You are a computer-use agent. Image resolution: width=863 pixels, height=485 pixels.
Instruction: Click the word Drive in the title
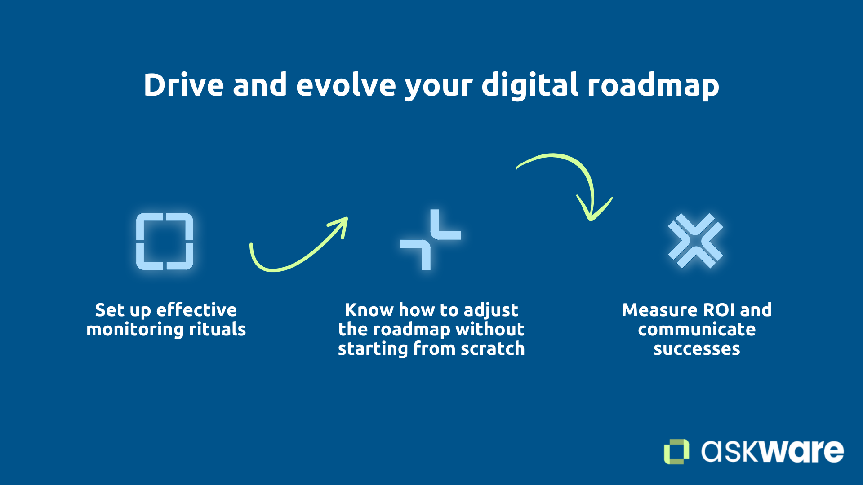[x=183, y=85]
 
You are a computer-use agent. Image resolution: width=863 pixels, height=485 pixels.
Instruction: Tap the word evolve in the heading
[x=345, y=85]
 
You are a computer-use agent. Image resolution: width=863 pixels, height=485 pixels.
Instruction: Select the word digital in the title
[x=530, y=85]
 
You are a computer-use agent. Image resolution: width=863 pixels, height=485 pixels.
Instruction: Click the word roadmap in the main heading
[x=653, y=85]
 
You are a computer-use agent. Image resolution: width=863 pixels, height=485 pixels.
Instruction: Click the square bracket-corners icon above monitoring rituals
[x=165, y=242]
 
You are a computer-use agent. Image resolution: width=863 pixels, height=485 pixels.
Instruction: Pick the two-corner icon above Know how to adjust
[x=430, y=239]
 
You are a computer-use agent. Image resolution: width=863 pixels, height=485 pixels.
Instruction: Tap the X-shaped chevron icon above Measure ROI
[x=695, y=241]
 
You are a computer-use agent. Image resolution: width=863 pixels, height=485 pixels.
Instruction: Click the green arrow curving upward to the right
[x=297, y=251]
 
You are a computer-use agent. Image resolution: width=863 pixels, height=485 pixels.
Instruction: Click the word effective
[x=196, y=310]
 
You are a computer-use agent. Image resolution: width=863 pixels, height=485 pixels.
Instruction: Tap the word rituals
[x=217, y=329]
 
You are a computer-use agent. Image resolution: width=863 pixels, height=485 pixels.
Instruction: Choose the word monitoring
[x=135, y=329]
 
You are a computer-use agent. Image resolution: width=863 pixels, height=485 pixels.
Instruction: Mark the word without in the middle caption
[x=489, y=329]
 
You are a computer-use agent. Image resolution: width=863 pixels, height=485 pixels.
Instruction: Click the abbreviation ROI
[x=719, y=310]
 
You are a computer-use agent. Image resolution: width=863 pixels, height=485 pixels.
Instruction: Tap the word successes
[x=696, y=348]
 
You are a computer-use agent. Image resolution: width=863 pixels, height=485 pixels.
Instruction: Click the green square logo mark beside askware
[x=676, y=451]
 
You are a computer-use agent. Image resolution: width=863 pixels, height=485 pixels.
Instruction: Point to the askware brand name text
[x=772, y=451]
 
